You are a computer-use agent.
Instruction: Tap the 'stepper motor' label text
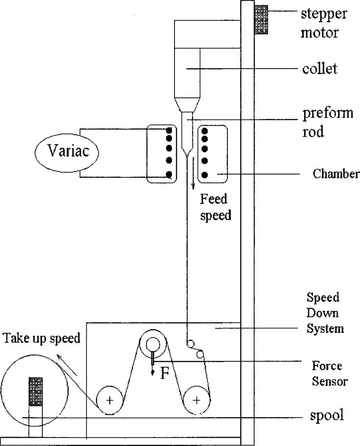[x=324, y=23]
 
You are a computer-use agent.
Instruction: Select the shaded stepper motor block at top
[x=261, y=19]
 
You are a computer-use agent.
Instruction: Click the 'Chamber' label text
[x=336, y=174]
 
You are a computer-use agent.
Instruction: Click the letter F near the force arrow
[x=164, y=374]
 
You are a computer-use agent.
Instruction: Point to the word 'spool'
[x=326, y=416]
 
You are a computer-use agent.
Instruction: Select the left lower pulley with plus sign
[x=110, y=400]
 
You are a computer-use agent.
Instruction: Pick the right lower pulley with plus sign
[x=197, y=400]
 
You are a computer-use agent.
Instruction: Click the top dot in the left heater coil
[x=169, y=130]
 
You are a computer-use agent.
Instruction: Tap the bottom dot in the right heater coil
[x=205, y=174]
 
